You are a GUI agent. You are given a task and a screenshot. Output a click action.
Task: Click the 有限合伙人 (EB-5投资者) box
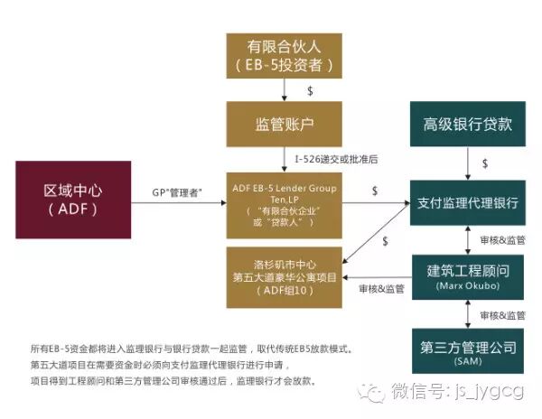pos(285,53)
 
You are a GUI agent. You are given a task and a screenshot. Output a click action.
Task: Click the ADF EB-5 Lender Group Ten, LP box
pos(285,206)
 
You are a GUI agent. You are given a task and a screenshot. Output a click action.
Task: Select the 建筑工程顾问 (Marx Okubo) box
pos(466,275)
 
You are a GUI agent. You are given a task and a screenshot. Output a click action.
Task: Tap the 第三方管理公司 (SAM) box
pos(466,350)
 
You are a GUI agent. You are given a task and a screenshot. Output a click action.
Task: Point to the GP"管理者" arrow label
pos(178,191)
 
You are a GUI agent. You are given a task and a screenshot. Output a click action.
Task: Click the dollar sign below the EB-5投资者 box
pos(310,90)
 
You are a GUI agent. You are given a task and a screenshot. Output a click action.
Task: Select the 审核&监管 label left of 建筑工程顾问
pos(381,289)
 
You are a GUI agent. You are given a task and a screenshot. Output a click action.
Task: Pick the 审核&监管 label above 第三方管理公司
pos(503,315)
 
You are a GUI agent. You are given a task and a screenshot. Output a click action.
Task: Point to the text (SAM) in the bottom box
pos(466,362)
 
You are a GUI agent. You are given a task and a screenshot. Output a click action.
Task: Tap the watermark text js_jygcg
pos(493,390)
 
